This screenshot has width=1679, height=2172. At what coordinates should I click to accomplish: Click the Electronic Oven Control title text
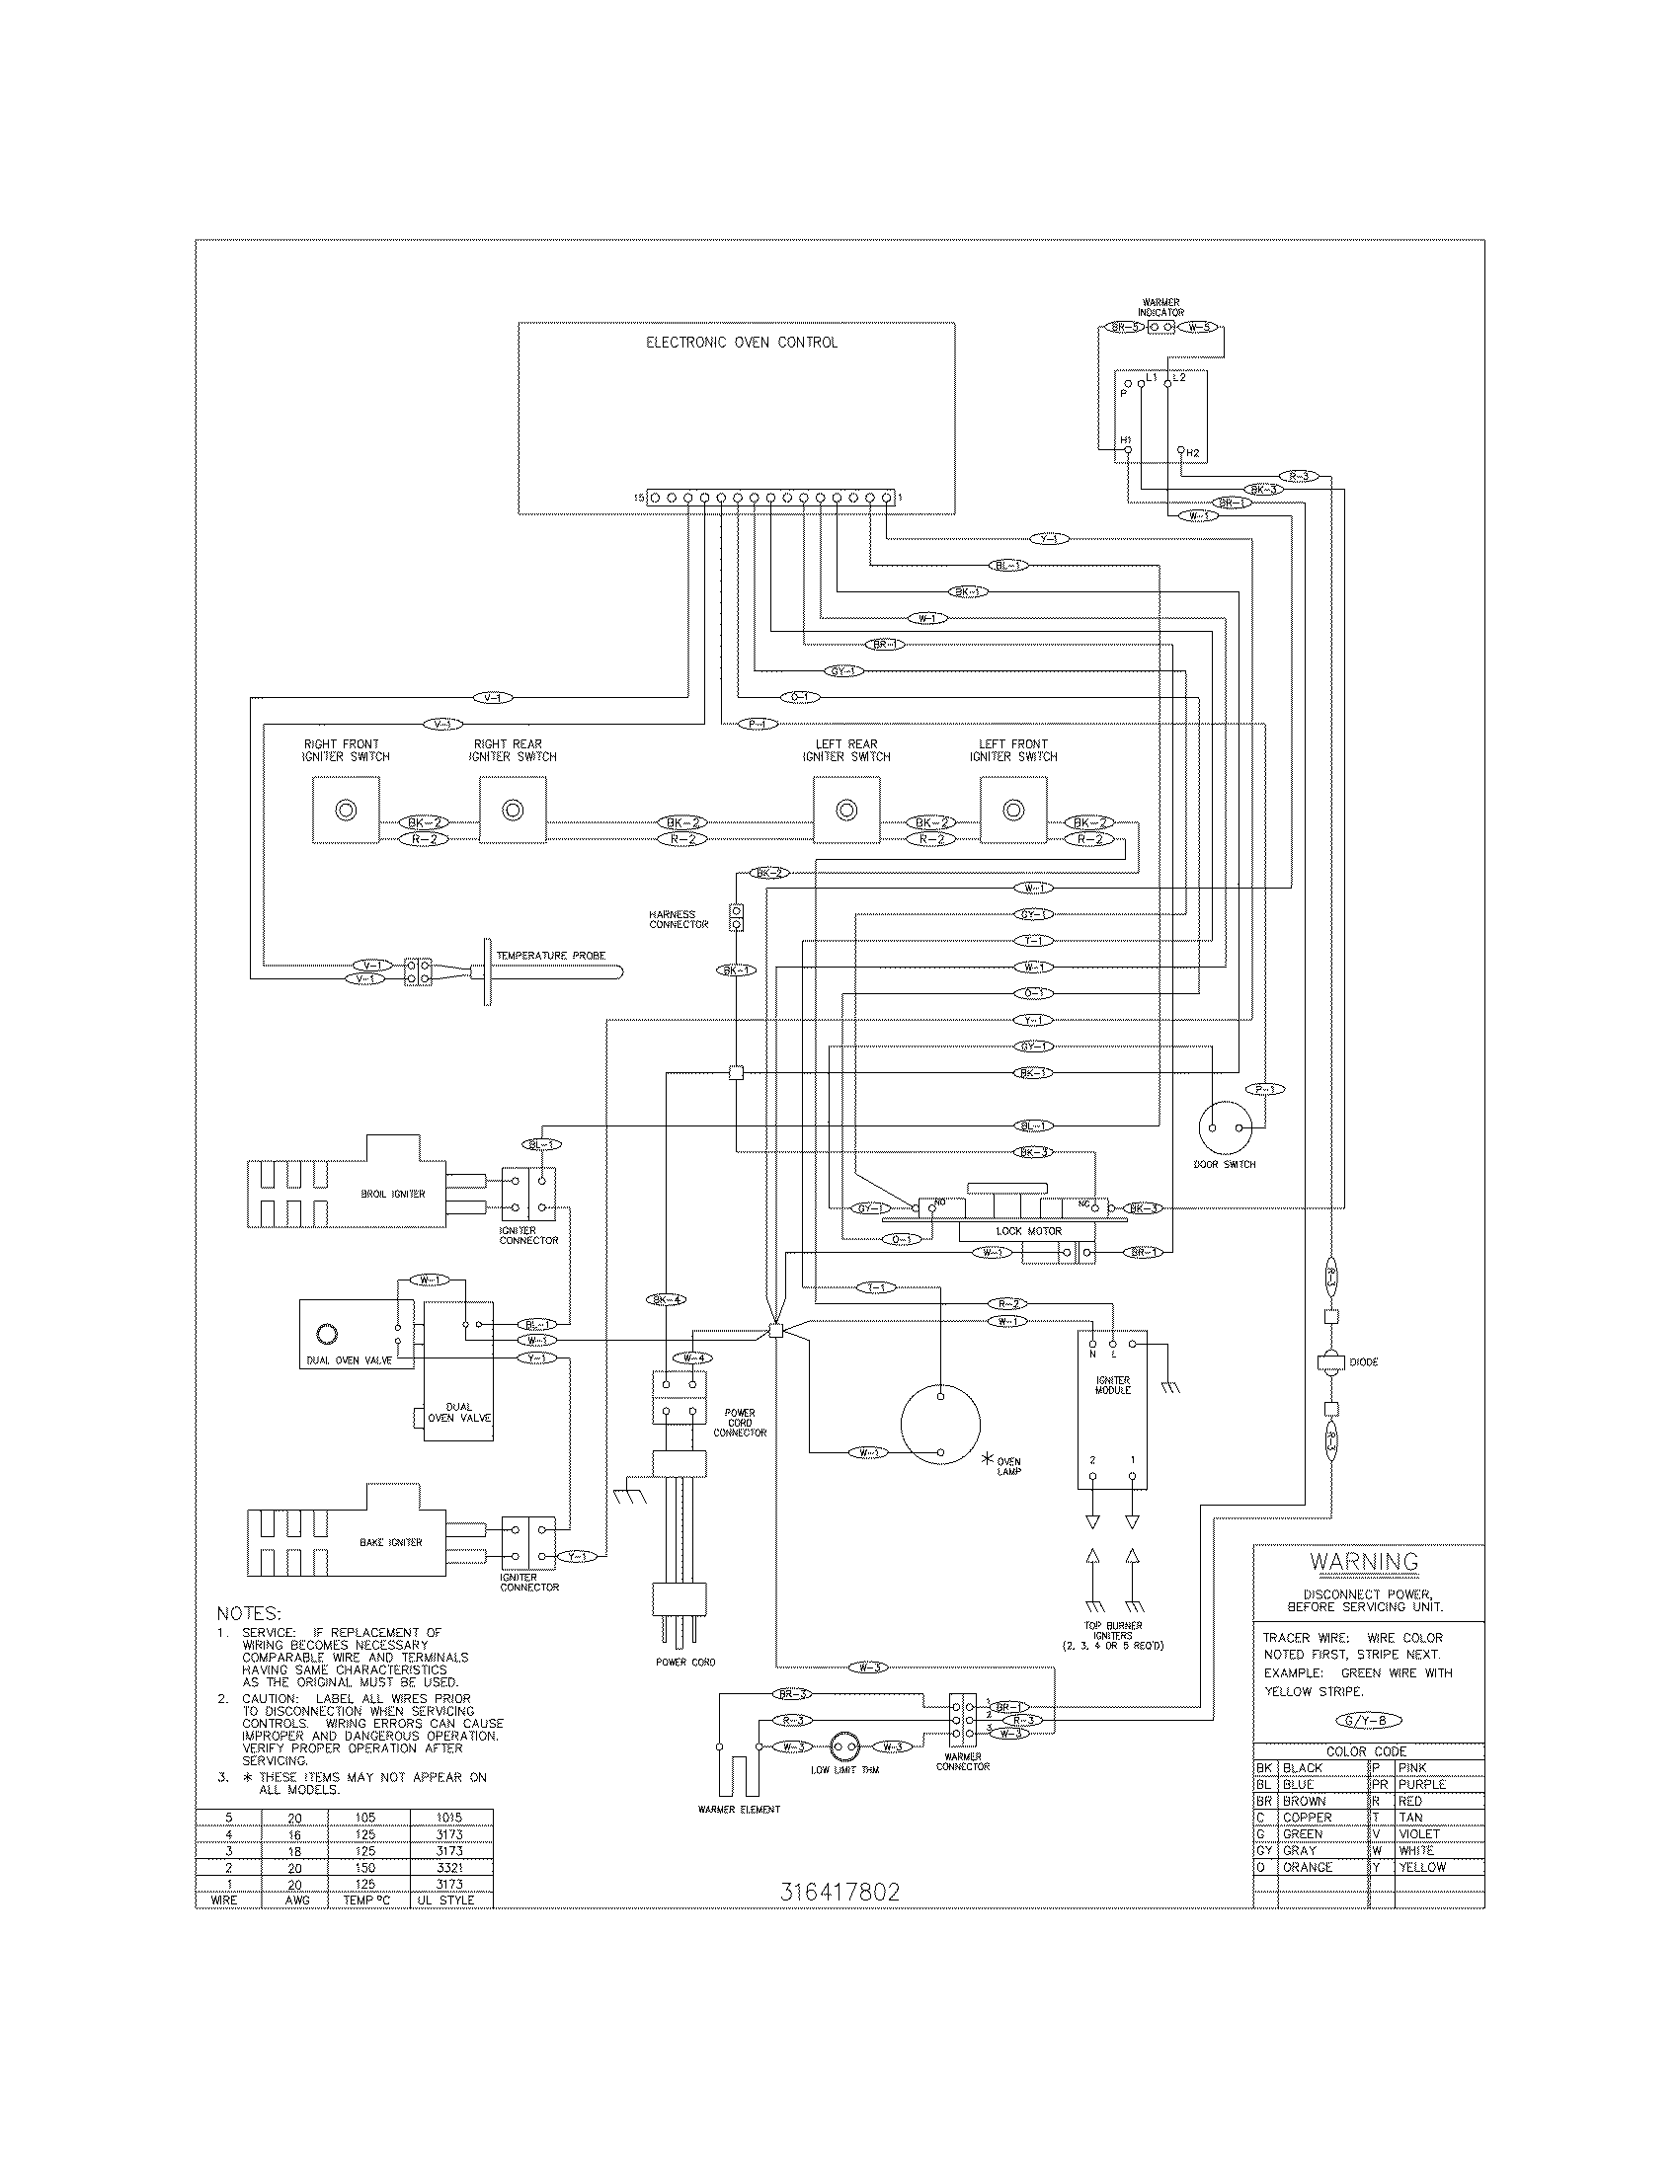(x=742, y=343)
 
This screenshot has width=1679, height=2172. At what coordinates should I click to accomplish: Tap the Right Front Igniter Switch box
(x=345, y=811)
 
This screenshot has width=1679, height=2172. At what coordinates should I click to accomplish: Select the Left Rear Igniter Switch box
(x=846, y=811)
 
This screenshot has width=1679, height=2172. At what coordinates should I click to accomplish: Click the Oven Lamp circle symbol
(x=940, y=1424)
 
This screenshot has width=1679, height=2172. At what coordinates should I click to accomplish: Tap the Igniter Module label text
(x=1113, y=1385)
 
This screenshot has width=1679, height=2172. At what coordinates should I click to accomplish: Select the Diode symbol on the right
(x=1331, y=1361)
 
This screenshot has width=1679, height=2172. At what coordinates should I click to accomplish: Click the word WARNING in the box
(x=1364, y=1562)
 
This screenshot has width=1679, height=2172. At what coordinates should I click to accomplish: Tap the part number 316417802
(x=839, y=1892)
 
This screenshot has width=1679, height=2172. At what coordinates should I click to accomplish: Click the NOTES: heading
(x=249, y=1613)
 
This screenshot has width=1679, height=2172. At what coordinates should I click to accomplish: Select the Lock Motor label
(x=1028, y=1231)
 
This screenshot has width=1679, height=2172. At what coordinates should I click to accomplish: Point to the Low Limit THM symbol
(x=844, y=1746)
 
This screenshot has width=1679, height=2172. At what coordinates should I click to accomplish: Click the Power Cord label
(x=685, y=1662)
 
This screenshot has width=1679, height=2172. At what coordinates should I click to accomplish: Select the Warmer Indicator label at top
(x=1160, y=307)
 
